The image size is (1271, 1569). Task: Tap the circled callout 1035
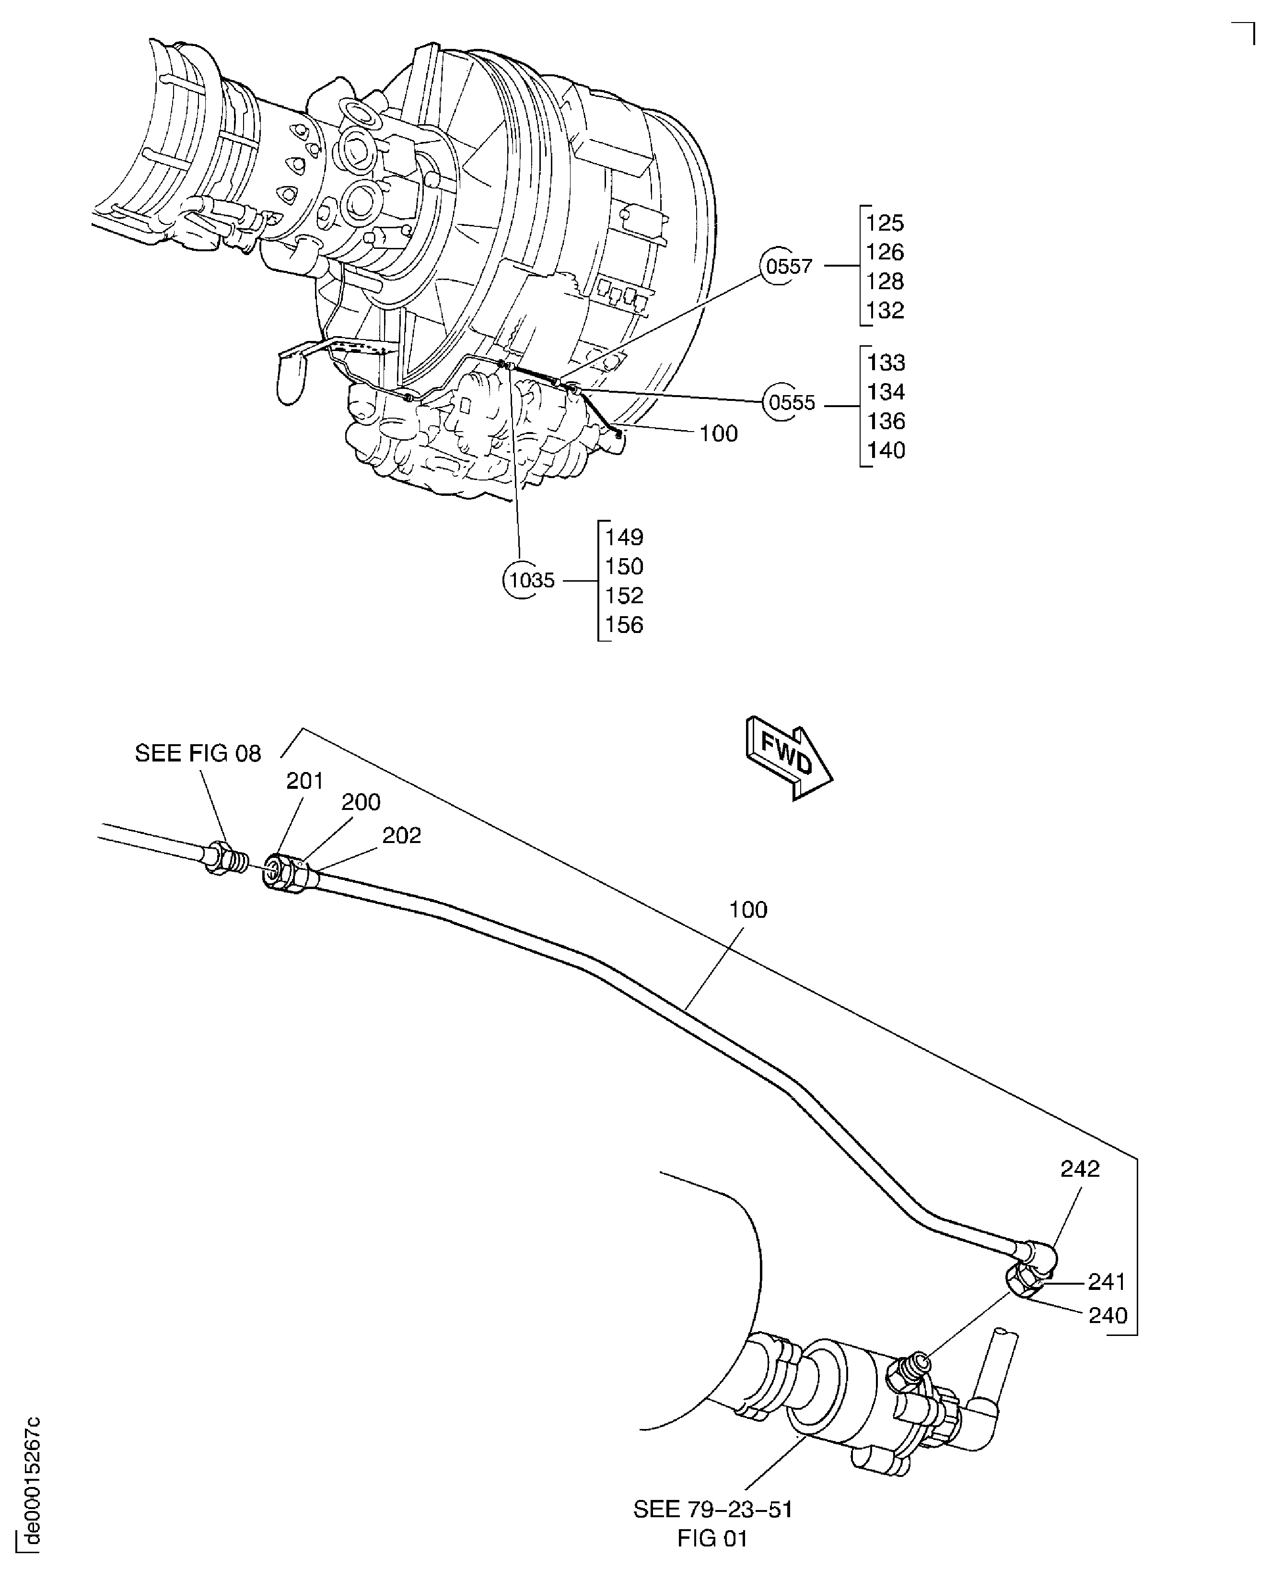531,581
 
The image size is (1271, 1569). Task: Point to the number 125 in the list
885,223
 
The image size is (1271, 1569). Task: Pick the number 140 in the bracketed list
886,450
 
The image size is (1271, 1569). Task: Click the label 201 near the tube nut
304,781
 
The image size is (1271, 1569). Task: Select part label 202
401,835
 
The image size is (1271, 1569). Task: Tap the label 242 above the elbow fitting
1080,1169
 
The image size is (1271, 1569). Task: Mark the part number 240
1108,1316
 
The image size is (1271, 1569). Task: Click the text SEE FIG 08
198,753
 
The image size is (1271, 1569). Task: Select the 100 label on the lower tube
747,910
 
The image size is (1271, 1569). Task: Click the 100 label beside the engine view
718,434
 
